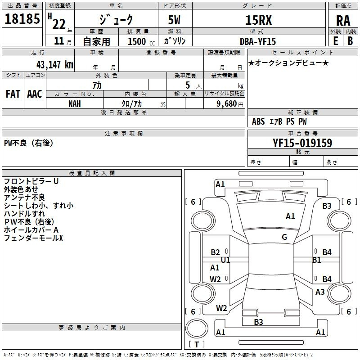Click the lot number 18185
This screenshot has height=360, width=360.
click(22, 19)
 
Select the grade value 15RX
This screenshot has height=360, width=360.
click(258, 20)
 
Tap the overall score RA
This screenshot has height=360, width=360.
click(343, 21)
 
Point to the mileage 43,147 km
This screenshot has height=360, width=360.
click(54, 65)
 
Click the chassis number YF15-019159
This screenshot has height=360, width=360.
click(302, 143)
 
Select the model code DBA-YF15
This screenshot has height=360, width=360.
click(257, 41)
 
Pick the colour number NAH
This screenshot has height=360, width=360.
click(75, 104)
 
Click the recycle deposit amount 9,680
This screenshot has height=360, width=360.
click(227, 104)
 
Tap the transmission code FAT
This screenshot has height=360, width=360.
click(13, 94)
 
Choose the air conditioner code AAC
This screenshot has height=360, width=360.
click(35, 94)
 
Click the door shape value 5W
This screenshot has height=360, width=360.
click(174, 20)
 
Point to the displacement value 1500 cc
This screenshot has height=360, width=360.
click(141, 41)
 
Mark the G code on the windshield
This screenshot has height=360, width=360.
click(284, 237)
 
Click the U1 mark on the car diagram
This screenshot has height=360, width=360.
click(225, 260)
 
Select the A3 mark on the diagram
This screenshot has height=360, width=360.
click(320, 292)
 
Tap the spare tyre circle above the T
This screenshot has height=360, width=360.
click(197, 328)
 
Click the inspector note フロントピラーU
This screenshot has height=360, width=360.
click(31, 181)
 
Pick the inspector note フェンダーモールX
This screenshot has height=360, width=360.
click(33, 238)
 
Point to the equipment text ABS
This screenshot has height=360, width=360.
click(258, 121)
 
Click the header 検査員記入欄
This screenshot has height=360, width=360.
click(92, 173)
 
